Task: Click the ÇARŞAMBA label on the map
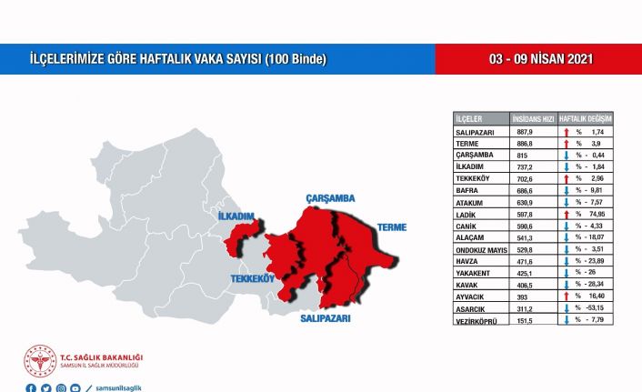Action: click(x=330, y=197)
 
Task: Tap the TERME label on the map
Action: click(x=393, y=226)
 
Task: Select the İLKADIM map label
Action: click(x=234, y=216)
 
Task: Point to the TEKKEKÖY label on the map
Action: click(x=252, y=279)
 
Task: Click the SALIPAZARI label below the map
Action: click(x=326, y=319)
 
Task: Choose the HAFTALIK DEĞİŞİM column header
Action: click(x=585, y=119)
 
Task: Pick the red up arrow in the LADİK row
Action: click(x=566, y=215)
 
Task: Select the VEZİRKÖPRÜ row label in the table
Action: click(x=477, y=320)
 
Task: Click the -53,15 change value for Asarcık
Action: click(x=597, y=308)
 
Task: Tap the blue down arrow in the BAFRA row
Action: click(x=566, y=191)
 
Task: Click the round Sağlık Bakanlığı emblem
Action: click(x=40, y=360)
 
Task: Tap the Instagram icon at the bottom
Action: click(x=61, y=388)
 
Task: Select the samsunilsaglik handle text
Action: click(x=121, y=388)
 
